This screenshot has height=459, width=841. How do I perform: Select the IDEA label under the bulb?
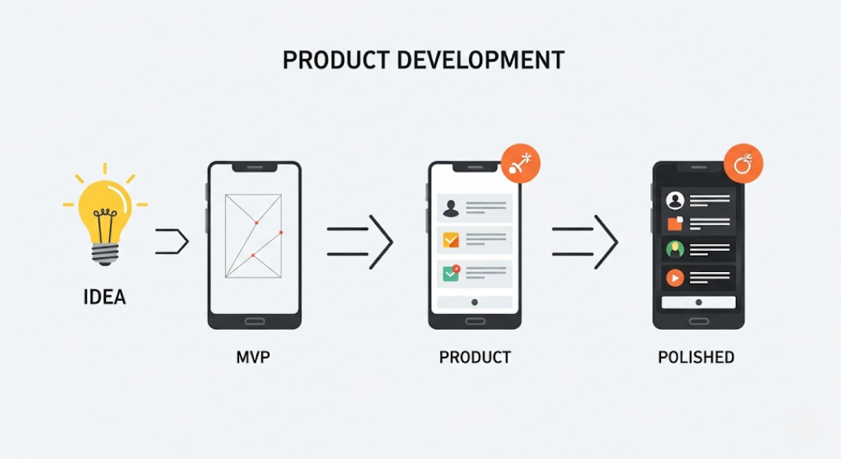point(104,297)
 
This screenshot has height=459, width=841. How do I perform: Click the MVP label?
point(253,358)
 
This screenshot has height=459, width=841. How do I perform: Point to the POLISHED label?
point(696,358)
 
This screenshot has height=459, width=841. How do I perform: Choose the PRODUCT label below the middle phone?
point(475,358)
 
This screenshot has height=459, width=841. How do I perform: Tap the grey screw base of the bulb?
point(105,251)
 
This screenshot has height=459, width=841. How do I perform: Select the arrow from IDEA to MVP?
point(173,242)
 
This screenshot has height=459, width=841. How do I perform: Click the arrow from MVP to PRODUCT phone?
point(360,242)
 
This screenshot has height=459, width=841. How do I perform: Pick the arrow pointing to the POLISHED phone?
point(585,242)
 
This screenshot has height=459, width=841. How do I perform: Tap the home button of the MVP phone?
point(254,320)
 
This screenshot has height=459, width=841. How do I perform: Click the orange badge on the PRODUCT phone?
point(520,163)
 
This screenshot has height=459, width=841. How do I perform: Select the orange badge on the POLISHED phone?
point(743,164)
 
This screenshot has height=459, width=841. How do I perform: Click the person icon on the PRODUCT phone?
point(451,207)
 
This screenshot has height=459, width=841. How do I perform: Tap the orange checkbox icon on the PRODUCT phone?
point(451,240)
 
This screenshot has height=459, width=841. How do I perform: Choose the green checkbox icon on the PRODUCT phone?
point(451,273)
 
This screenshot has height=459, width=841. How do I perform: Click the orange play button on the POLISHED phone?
point(674,277)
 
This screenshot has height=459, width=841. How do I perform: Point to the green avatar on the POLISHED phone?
point(674,249)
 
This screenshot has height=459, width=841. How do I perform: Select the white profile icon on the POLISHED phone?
point(674,200)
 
